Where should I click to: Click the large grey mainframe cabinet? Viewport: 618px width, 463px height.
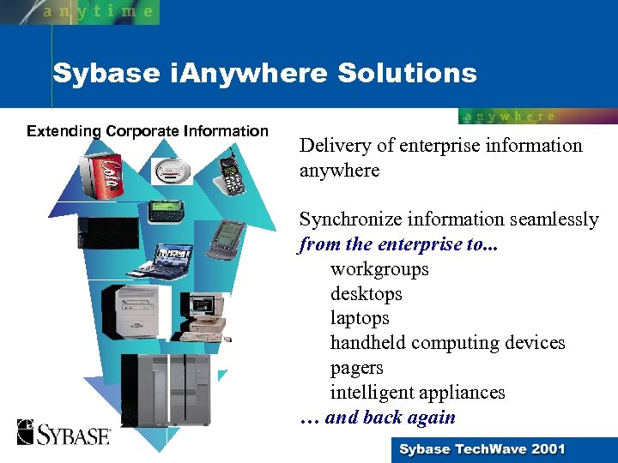click(167, 390)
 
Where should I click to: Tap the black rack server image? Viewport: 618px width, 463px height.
click(108, 234)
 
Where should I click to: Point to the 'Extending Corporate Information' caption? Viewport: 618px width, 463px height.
click(148, 131)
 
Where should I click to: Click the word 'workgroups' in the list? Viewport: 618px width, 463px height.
click(379, 269)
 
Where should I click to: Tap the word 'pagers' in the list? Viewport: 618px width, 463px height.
click(356, 368)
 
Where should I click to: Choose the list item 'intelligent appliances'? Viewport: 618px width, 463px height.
click(417, 393)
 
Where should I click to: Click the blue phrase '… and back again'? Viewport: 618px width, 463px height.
click(378, 418)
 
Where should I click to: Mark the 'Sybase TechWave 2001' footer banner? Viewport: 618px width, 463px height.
click(482, 449)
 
